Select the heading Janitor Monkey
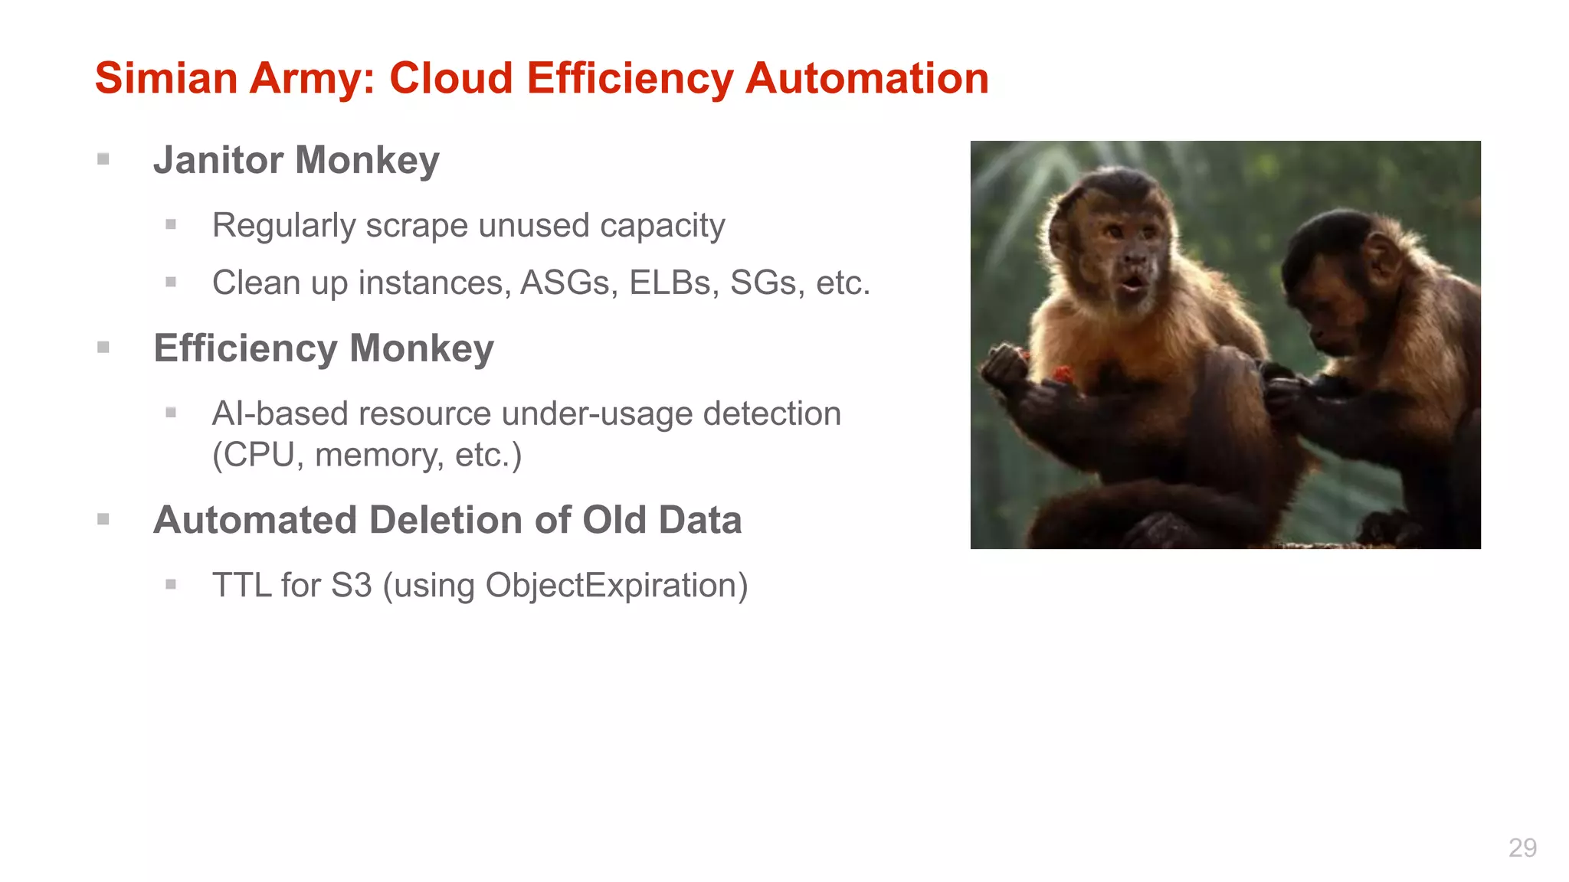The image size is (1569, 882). click(x=296, y=161)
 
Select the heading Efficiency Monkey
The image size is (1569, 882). click(x=323, y=349)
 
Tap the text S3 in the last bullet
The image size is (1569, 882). click(x=351, y=586)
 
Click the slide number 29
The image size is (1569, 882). click(x=1522, y=848)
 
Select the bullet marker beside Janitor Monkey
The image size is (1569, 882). click(x=103, y=159)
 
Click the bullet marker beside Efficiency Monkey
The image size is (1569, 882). click(x=103, y=348)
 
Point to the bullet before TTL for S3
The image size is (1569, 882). click(x=171, y=585)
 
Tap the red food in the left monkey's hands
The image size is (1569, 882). click(x=1063, y=374)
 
